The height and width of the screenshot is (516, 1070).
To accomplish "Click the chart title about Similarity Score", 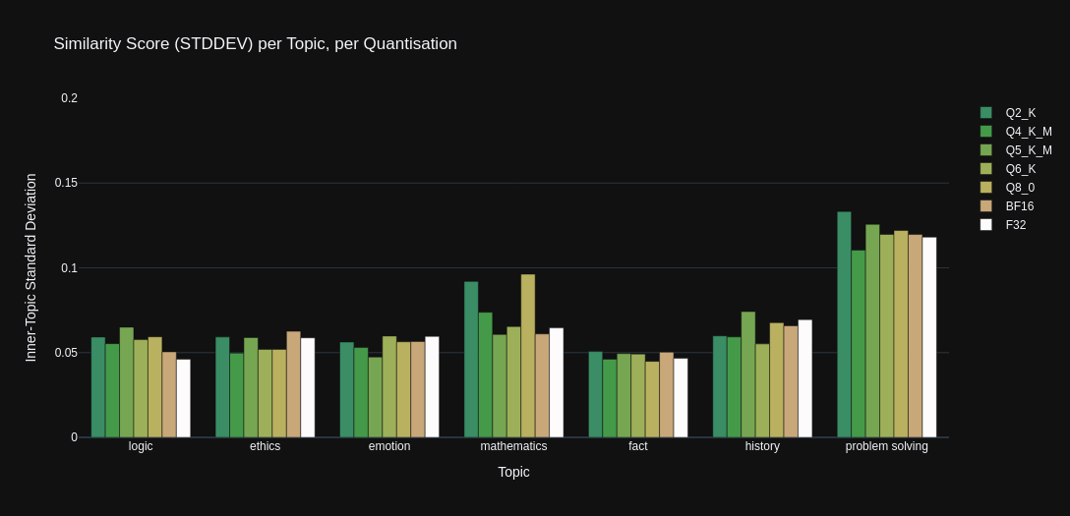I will (255, 44).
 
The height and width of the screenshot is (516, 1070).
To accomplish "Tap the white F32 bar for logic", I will (184, 398).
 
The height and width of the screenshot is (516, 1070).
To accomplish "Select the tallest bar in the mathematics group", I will (528, 356).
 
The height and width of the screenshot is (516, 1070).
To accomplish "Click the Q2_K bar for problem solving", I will (844, 324).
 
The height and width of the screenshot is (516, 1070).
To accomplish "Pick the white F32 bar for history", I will (805, 378).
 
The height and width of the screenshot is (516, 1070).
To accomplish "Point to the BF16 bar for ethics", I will (294, 384).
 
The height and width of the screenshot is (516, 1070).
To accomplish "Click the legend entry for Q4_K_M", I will (1028, 132).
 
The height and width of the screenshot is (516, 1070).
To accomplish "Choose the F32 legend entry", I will (1015, 225).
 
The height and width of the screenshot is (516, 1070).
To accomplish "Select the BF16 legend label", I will (1019, 206).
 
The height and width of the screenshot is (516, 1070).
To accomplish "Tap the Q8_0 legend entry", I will (1020, 188).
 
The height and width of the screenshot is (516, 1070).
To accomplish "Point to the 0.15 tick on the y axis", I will (66, 183).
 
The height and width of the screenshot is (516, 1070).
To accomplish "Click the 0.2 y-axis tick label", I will (69, 98).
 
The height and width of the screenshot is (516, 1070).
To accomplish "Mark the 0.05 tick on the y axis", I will (66, 353).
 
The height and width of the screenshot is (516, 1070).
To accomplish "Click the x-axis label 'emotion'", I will (389, 446).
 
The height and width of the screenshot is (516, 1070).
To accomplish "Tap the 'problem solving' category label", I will (886, 446).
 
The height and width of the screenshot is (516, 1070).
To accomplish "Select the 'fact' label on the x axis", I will (638, 446).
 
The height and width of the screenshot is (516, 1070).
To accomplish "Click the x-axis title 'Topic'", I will (513, 472).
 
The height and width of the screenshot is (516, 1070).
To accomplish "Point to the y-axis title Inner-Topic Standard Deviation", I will (30, 267).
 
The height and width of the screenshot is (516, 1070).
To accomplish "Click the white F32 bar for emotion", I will (433, 387).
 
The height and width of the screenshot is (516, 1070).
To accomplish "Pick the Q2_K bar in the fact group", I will (595, 394).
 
